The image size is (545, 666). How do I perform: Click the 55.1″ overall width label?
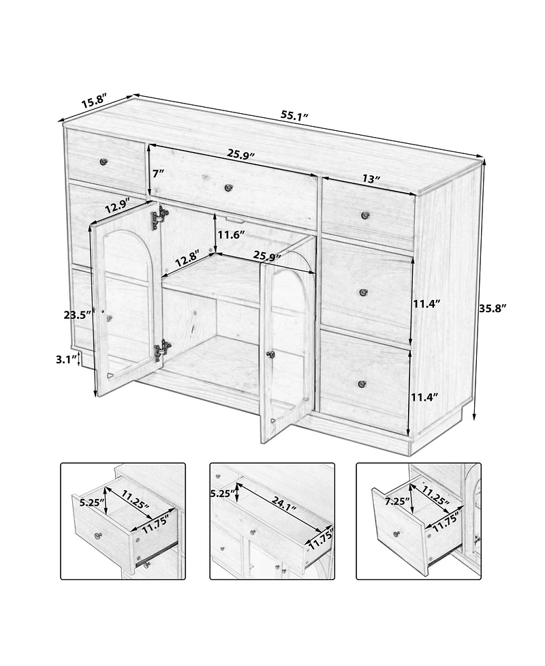(x=295, y=115)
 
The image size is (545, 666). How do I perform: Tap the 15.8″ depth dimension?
(x=93, y=102)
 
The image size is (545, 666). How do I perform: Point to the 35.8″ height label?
(x=494, y=307)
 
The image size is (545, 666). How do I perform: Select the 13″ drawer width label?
(x=371, y=179)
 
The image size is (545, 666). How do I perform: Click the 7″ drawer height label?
(x=159, y=173)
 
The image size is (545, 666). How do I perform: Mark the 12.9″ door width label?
(x=118, y=205)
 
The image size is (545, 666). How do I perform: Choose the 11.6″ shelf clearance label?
(x=231, y=234)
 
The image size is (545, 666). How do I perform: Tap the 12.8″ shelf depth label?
(x=185, y=259)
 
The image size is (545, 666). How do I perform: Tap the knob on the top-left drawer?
(x=104, y=162)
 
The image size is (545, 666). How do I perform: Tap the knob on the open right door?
(x=270, y=354)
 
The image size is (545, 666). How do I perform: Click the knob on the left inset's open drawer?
(x=98, y=536)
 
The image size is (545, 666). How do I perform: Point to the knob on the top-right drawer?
(x=365, y=215)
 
